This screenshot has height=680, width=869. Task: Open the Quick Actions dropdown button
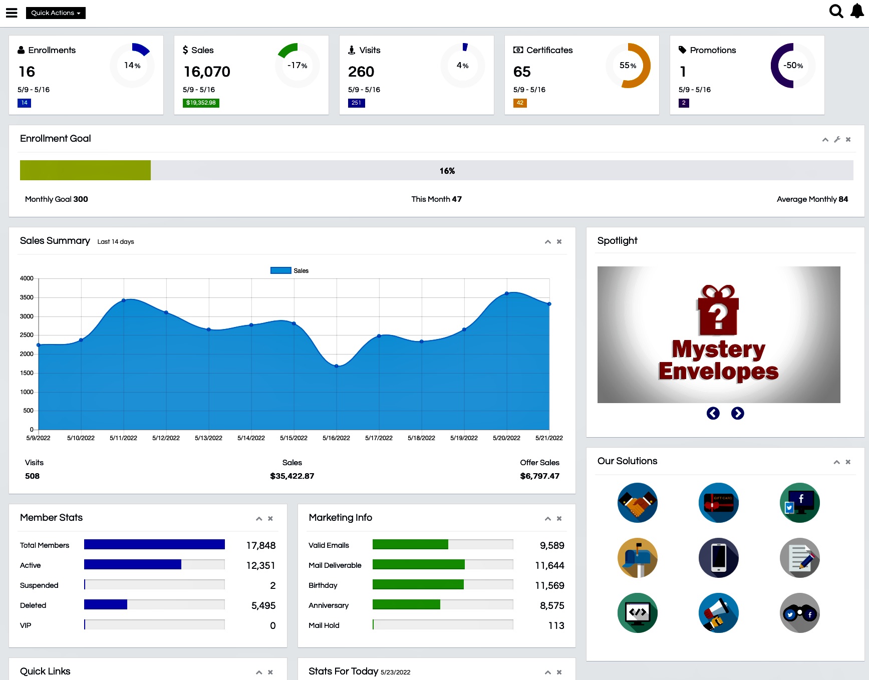point(56,13)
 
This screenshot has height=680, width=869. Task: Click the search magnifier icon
point(836,11)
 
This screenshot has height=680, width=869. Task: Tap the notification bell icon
point(857,11)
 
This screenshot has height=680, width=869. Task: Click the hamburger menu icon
point(12,13)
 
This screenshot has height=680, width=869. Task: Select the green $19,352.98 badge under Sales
point(201,103)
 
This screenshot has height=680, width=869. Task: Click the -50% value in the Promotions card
point(793,66)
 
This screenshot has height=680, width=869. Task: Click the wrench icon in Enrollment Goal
point(837,140)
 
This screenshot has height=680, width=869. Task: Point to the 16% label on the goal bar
point(447,171)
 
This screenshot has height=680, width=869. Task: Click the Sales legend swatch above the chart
point(280,270)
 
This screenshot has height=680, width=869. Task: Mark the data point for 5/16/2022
point(337,366)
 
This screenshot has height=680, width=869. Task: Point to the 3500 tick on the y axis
point(27,297)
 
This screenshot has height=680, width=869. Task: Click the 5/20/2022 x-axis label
point(506,438)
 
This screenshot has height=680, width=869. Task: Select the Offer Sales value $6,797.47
point(539,476)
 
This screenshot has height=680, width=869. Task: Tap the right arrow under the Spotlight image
point(737,413)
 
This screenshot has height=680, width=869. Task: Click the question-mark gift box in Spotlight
point(718,311)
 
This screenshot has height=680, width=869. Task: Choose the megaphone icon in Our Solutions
point(718,613)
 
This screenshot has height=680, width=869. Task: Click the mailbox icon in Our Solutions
point(638,558)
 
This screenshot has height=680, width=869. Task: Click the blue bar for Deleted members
point(106,605)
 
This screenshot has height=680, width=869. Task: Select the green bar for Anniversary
point(406,605)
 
